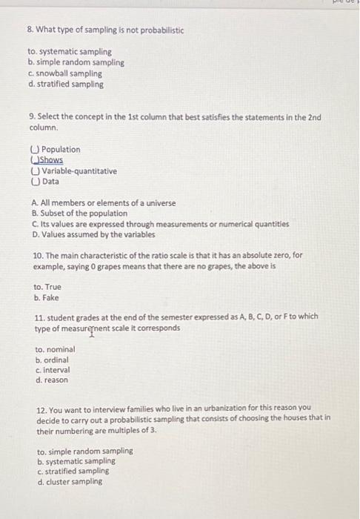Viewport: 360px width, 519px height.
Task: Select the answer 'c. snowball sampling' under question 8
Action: tap(64, 74)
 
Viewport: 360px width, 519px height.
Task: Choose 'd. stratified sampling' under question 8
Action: tap(66, 85)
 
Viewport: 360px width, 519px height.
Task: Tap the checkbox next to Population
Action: tap(35, 150)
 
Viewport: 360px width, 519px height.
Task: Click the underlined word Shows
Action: tap(52, 160)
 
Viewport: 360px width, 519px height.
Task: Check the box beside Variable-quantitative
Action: tap(35, 171)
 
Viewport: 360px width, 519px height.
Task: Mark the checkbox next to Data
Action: tap(35, 182)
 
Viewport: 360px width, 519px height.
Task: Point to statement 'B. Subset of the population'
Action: tap(79, 214)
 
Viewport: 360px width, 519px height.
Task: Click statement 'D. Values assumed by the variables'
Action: tap(93, 235)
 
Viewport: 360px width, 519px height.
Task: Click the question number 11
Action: tap(39, 317)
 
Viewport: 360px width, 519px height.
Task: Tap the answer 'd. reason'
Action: tap(52, 380)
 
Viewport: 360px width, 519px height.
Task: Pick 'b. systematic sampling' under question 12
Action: tap(76, 460)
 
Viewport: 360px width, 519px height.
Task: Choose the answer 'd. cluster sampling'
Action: tap(70, 481)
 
